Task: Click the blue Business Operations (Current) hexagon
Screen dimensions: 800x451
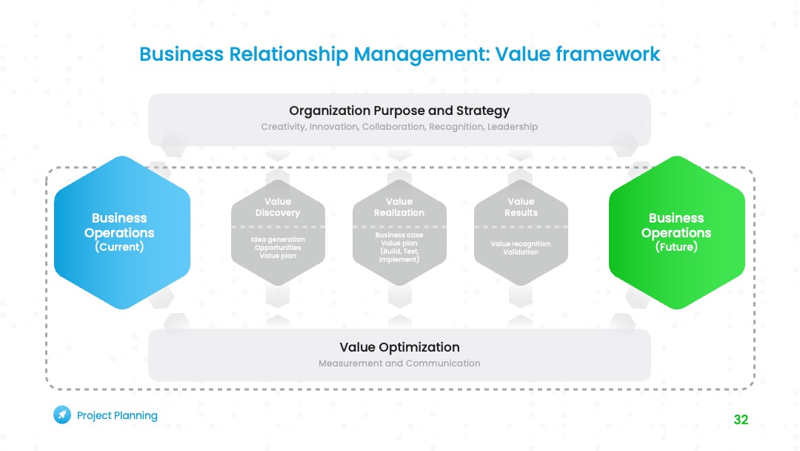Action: tap(122, 232)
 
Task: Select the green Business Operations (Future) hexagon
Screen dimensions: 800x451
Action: tap(676, 232)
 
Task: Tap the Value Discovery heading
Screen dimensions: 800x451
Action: tap(278, 207)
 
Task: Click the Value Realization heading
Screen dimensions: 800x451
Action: tap(399, 207)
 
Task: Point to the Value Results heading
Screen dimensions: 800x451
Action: tap(521, 207)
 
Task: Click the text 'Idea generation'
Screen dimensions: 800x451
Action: tap(278, 240)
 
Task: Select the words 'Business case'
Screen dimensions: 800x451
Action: tap(399, 235)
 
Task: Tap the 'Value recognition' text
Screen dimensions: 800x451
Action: tap(521, 244)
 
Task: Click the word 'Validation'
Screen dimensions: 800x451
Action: tap(521, 252)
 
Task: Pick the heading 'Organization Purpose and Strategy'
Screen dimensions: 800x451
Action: tap(399, 111)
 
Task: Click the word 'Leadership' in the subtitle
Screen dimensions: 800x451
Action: tap(513, 127)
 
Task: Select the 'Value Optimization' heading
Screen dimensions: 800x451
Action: tap(399, 347)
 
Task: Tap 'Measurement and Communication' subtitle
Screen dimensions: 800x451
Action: tap(399, 363)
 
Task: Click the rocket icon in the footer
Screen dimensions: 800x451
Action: tap(62, 415)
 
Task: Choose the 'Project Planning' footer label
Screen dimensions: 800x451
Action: tap(117, 415)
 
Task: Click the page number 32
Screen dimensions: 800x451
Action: tap(741, 420)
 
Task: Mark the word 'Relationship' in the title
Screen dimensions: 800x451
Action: tap(289, 55)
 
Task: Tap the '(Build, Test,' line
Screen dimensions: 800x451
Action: tap(399, 251)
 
